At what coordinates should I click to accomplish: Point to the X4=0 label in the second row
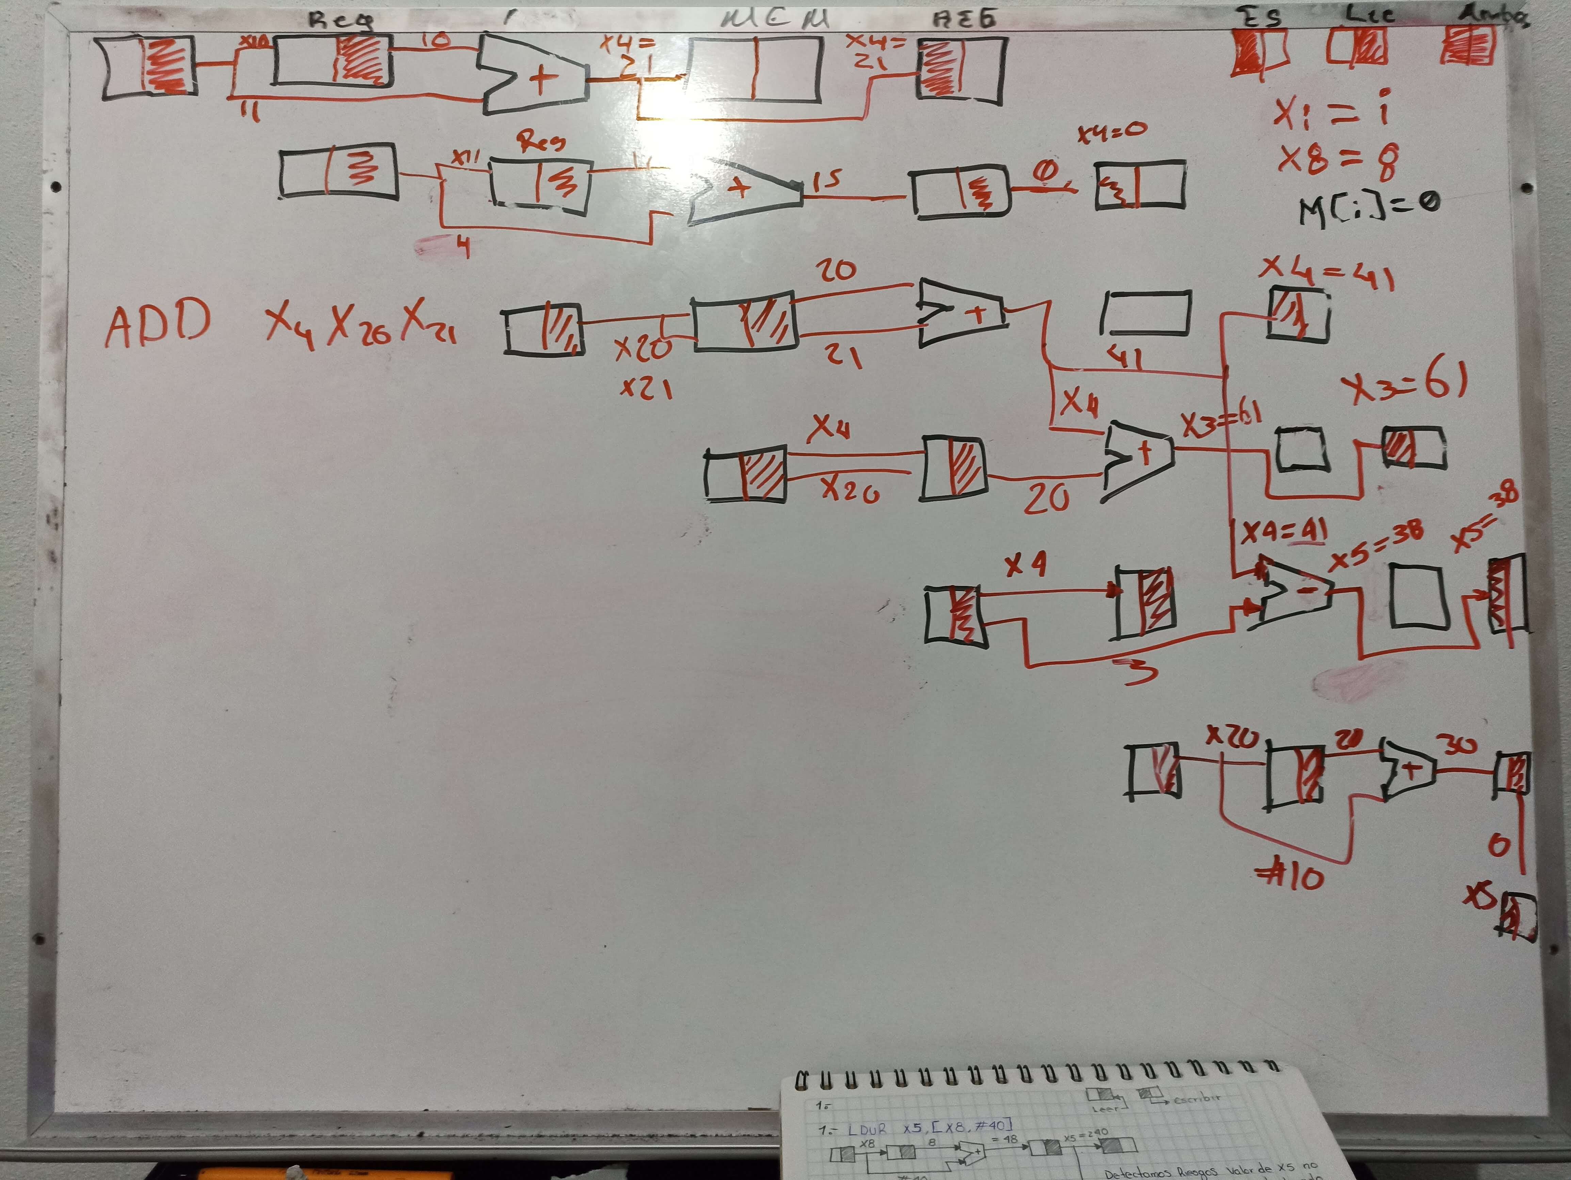[x=1112, y=131]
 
